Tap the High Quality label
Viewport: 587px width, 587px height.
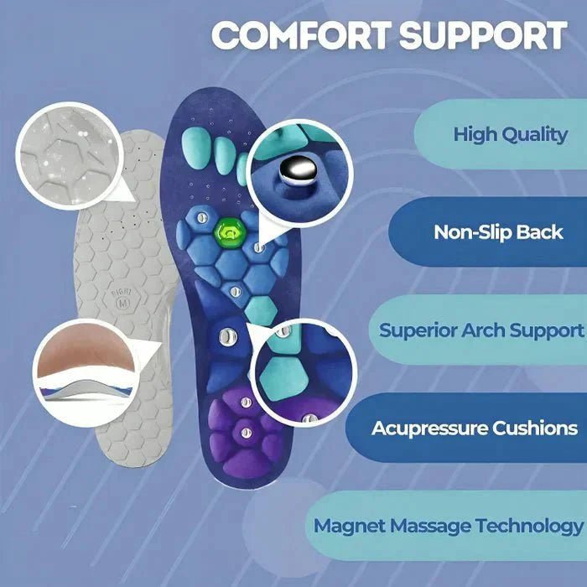click(510, 134)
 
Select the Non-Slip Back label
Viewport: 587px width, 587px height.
click(498, 232)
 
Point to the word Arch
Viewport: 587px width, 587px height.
click(488, 330)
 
